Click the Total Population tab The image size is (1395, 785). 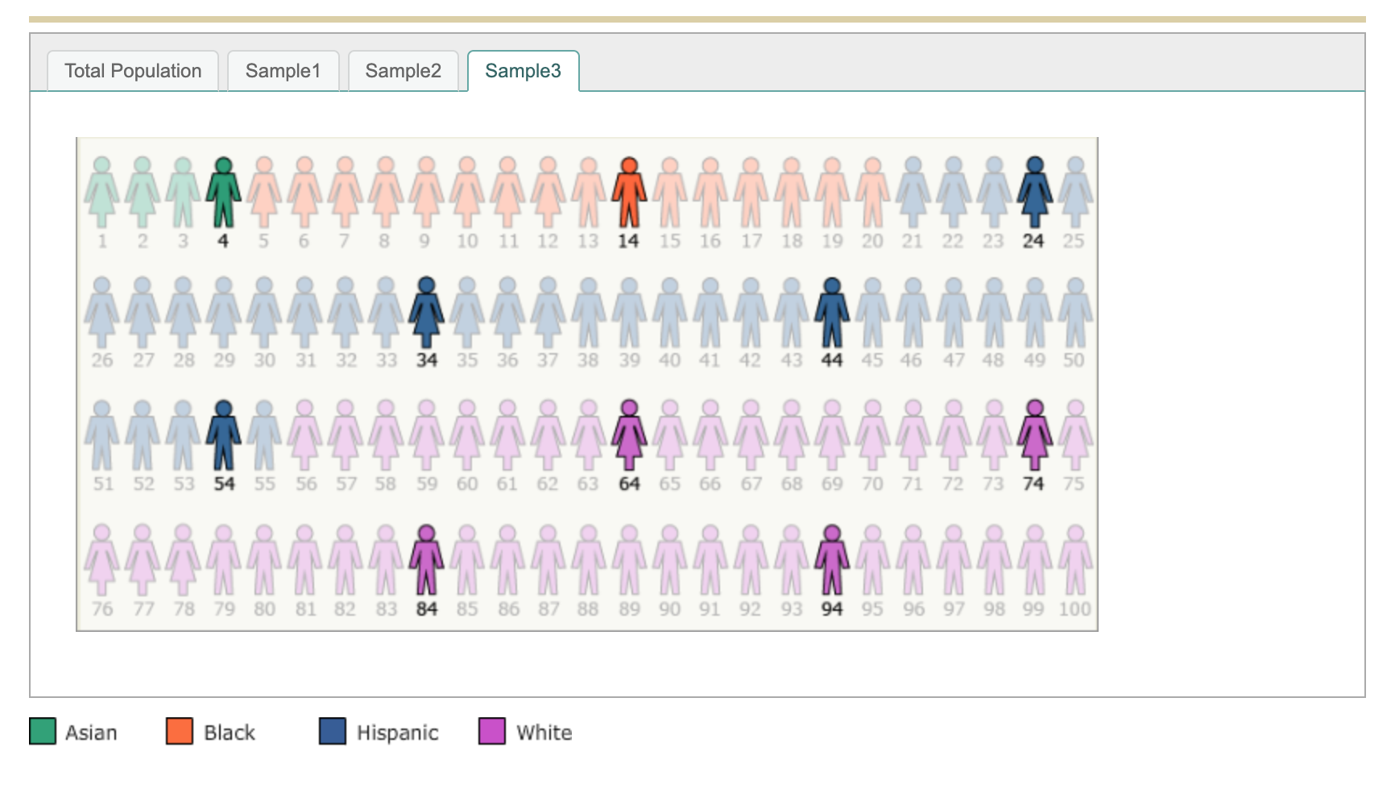tap(133, 71)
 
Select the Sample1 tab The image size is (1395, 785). tap(283, 71)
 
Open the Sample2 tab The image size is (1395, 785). tap(403, 71)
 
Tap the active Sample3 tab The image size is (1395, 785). tap(523, 71)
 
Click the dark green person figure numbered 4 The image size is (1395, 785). tap(223, 193)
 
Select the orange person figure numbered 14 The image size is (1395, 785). tap(629, 193)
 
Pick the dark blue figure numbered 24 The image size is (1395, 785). tap(1034, 193)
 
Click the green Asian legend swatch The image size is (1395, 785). tap(43, 731)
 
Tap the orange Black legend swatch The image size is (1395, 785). tap(180, 731)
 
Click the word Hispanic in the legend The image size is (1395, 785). tap(397, 733)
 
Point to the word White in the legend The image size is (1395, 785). tap(544, 733)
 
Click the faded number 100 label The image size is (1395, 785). tap(1074, 609)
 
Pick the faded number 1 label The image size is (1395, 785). tap(102, 241)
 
